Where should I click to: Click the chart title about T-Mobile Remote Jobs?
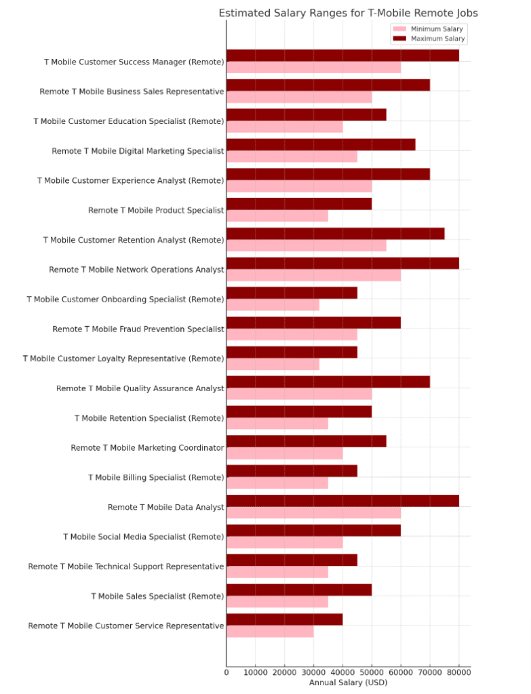point(348,13)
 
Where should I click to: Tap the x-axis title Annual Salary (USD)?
point(348,682)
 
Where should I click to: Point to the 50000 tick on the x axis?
point(372,672)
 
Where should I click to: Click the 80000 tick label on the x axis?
point(459,672)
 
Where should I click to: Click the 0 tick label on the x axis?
point(227,672)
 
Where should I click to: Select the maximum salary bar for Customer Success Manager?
point(342,56)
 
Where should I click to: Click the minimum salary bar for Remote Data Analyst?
point(313,513)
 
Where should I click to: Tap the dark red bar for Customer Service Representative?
point(284,619)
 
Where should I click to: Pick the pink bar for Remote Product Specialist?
point(277,216)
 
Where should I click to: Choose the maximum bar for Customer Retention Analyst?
point(335,234)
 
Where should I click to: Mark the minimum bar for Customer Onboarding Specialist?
point(273,305)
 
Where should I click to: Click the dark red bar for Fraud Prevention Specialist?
point(313,323)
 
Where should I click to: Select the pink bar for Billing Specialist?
point(277,483)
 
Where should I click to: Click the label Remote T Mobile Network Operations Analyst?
point(136,270)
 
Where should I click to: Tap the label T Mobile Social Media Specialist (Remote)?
point(143,537)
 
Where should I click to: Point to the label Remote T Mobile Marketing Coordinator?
point(147,448)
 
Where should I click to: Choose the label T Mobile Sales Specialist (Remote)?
point(157,596)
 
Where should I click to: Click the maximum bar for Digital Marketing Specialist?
point(321,144)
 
